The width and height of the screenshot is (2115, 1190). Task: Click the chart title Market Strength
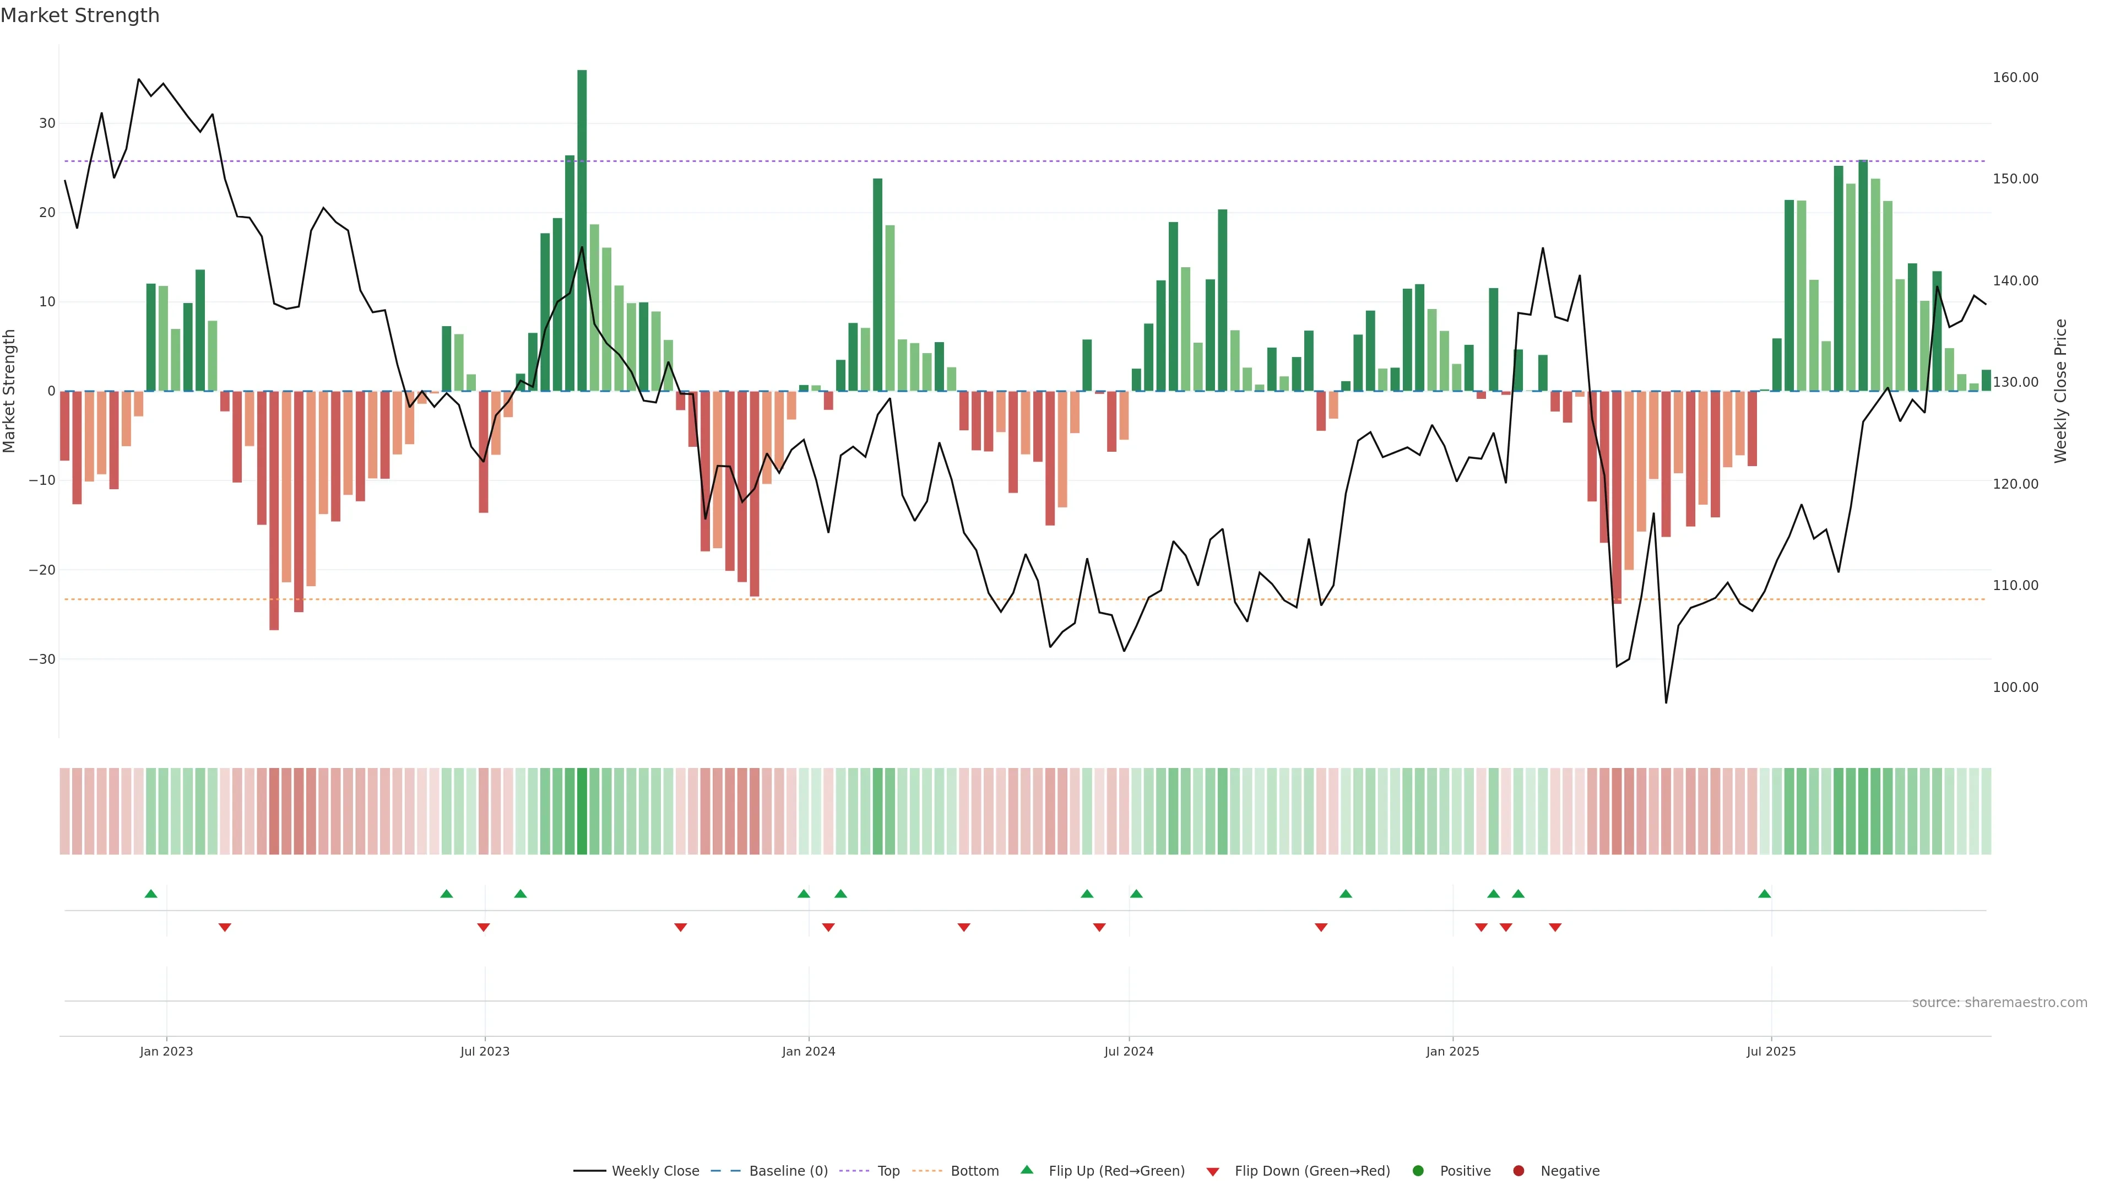tap(80, 15)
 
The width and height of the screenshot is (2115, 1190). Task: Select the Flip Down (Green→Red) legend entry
tap(1298, 1171)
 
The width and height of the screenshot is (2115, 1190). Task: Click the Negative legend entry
tap(1556, 1171)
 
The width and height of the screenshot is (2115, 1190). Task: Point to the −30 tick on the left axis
tap(42, 659)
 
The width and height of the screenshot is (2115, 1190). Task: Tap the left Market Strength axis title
tap(10, 391)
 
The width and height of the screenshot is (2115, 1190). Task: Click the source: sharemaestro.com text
tap(1999, 1003)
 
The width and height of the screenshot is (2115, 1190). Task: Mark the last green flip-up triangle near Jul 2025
tap(1764, 894)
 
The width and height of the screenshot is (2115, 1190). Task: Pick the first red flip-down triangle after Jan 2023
tap(225, 927)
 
